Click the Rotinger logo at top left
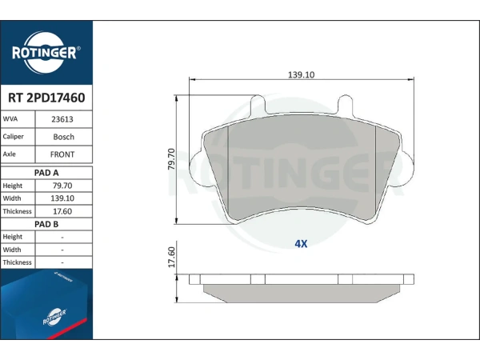[x=46, y=53]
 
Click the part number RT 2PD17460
[x=46, y=98]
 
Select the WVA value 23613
[x=62, y=119]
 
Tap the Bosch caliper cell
[x=64, y=137]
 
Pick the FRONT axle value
[x=62, y=154]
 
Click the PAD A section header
[x=46, y=173]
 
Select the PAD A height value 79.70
[x=62, y=186]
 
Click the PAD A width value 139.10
[x=62, y=198]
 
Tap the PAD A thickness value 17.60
[x=62, y=211]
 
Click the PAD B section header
[x=46, y=224]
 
